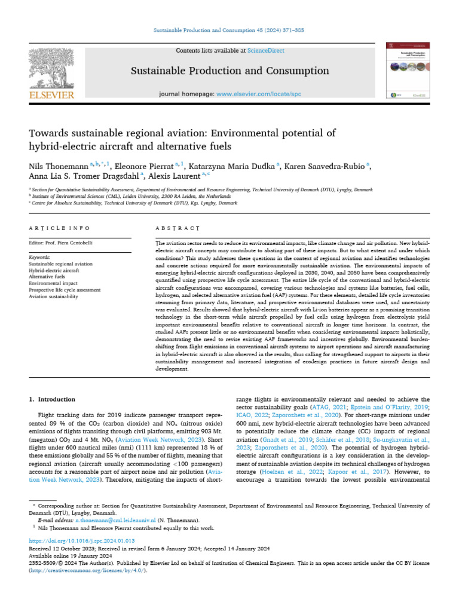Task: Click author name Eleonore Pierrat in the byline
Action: (x=145, y=165)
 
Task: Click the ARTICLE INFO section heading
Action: (x=59, y=228)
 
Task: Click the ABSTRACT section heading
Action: (x=177, y=228)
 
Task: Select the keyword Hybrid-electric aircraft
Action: (x=54, y=270)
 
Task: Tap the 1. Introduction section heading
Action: (x=53, y=399)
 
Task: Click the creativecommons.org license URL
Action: (x=83, y=570)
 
